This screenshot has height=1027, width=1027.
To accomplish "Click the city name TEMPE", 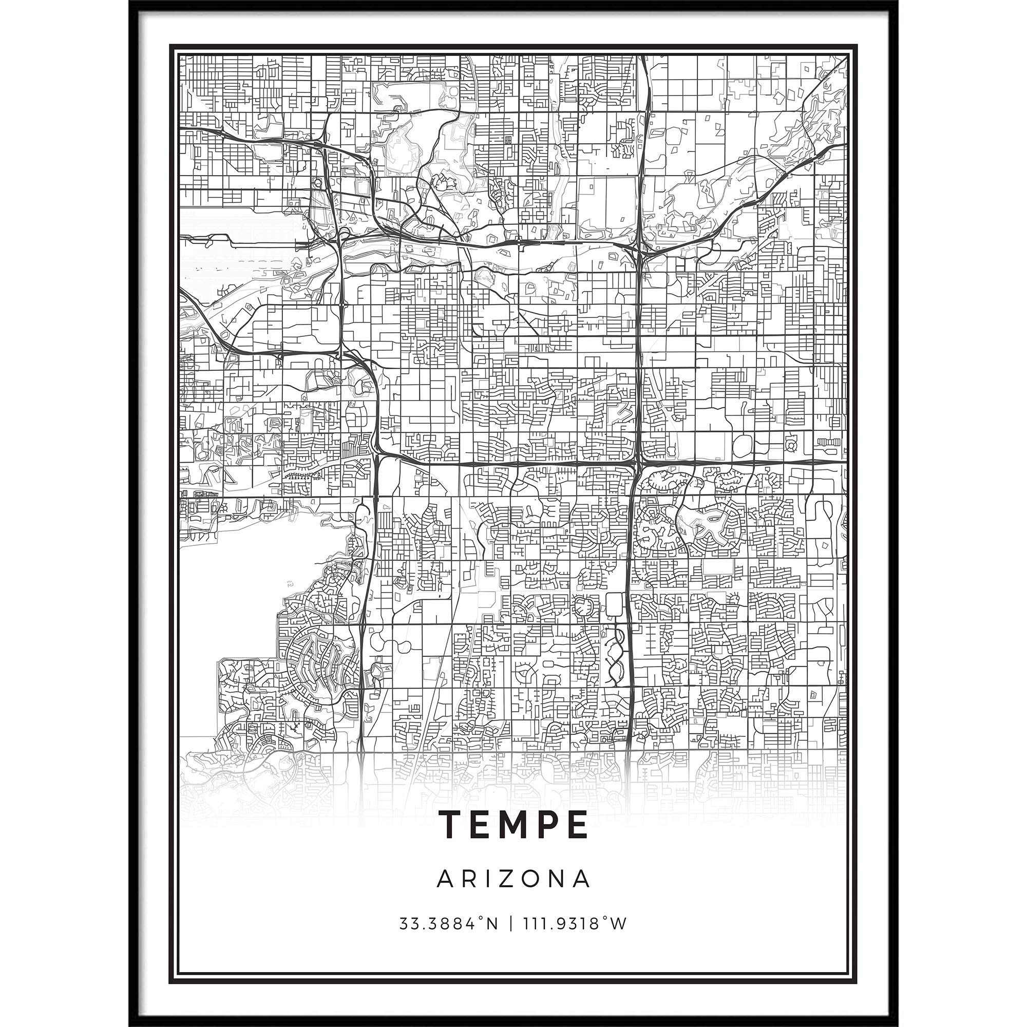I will click(513, 825).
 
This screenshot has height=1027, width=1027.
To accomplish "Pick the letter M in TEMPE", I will click(514, 825).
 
